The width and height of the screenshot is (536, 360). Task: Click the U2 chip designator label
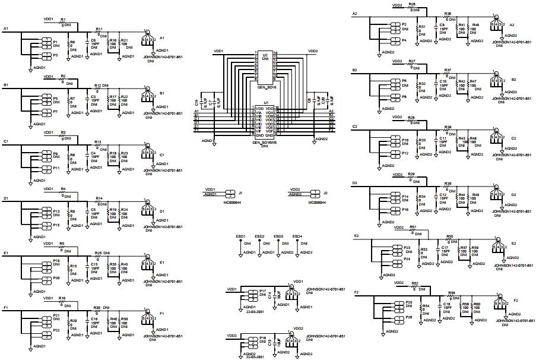(265, 54)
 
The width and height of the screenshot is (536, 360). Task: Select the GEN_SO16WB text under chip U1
(265, 143)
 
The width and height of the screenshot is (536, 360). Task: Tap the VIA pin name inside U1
(259, 111)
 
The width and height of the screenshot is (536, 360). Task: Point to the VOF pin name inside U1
(271, 131)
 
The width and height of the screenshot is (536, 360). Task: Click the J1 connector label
(240, 193)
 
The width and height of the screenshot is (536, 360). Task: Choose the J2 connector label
(325, 193)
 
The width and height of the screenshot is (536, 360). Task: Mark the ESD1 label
(241, 236)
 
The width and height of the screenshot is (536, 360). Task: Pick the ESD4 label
(297, 236)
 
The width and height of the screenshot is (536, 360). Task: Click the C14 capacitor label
(269, 294)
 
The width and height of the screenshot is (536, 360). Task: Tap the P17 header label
(262, 290)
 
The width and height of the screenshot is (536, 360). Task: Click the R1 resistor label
(63, 19)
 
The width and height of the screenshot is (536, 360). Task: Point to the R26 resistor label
(412, 4)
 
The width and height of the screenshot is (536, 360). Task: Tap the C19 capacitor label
(204, 103)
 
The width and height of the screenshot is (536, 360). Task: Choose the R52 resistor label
(415, 283)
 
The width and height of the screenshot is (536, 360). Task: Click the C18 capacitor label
(447, 304)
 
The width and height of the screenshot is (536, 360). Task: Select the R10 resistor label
(62, 298)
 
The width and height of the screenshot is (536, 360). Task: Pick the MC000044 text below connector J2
(318, 202)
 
